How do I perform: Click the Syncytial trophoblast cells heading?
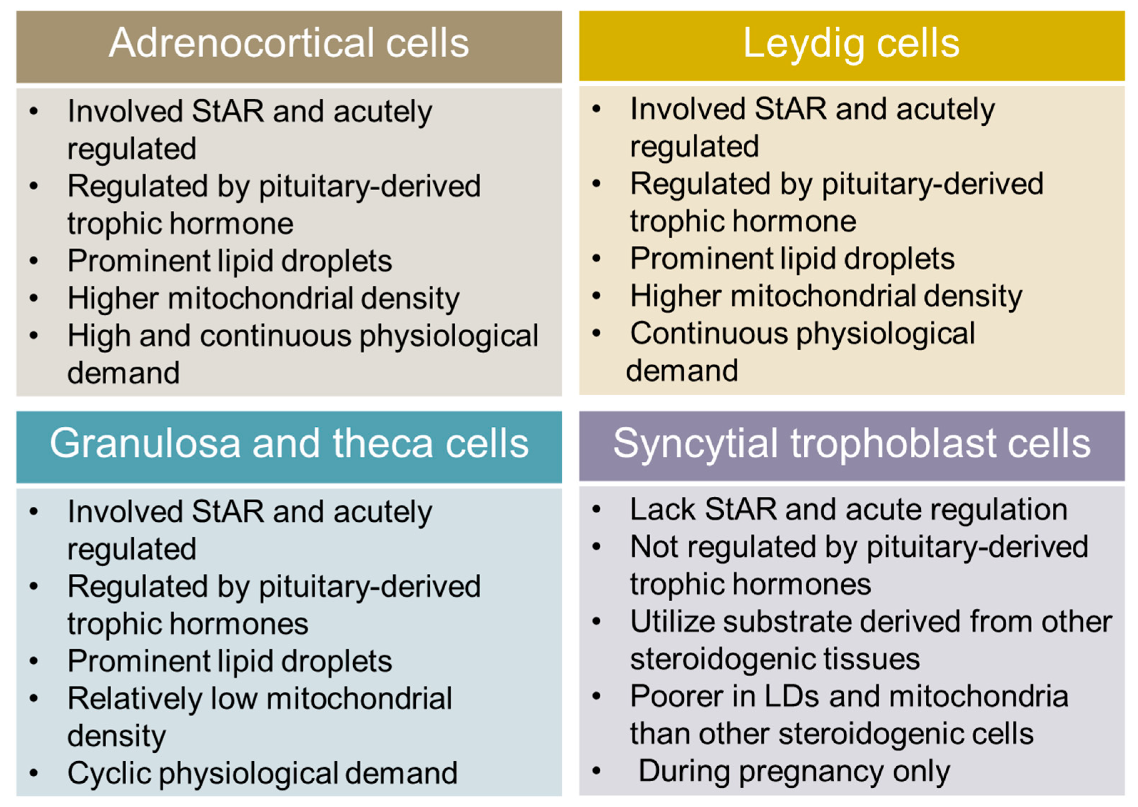coord(851,443)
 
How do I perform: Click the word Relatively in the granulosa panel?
coord(135,699)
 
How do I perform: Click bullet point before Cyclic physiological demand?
coord(34,773)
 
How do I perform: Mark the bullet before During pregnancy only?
coord(596,771)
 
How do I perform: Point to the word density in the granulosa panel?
coord(116,736)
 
